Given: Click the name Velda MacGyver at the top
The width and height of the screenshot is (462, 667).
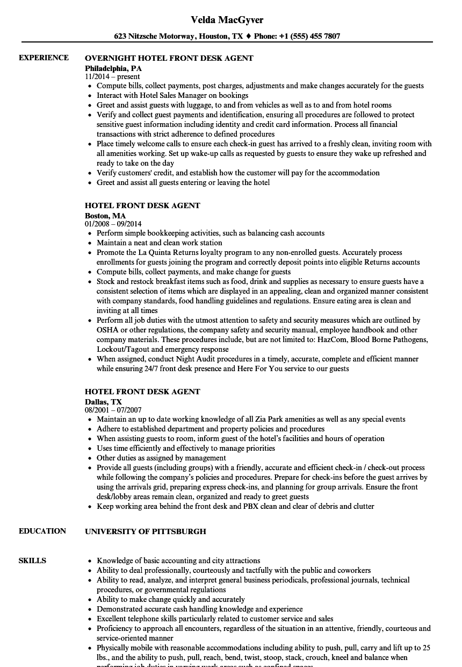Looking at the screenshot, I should click(x=227, y=20).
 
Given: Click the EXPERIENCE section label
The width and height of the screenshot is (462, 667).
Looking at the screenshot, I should click(x=44, y=58).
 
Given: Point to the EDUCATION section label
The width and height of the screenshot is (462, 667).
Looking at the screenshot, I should click(x=42, y=531).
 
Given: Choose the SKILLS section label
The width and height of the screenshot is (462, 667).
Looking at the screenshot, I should click(x=32, y=560).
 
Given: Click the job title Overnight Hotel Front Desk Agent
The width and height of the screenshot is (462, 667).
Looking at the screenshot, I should click(x=169, y=58).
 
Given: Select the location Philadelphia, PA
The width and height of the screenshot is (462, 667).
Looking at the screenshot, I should click(x=113, y=68).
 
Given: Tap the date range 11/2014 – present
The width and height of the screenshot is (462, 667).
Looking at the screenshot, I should click(x=112, y=76).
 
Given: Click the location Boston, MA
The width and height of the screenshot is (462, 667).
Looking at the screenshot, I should click(x=105, y=216).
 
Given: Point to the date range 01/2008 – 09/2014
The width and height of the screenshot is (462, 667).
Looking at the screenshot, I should click(x=113, y=224).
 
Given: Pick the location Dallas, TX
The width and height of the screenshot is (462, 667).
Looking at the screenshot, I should click(x=103, y=402).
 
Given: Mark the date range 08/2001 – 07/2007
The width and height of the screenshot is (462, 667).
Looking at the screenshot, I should click(x=113, y=410).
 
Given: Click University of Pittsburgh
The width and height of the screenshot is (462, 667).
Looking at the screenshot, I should click(x=146, y=531).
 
